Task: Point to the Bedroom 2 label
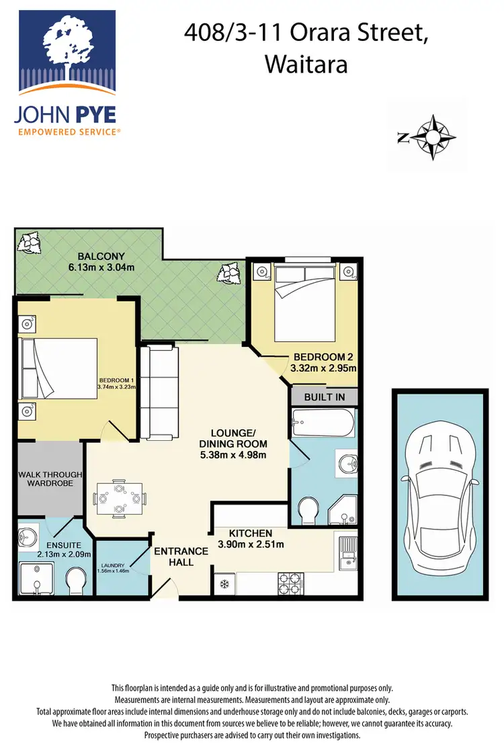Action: point(322,357)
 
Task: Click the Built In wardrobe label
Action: point(324,397)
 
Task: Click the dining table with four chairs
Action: point(119,499)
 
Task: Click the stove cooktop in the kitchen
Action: point(290,579)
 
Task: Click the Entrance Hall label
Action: point(181,556)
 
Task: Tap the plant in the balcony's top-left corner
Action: point(30,241)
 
